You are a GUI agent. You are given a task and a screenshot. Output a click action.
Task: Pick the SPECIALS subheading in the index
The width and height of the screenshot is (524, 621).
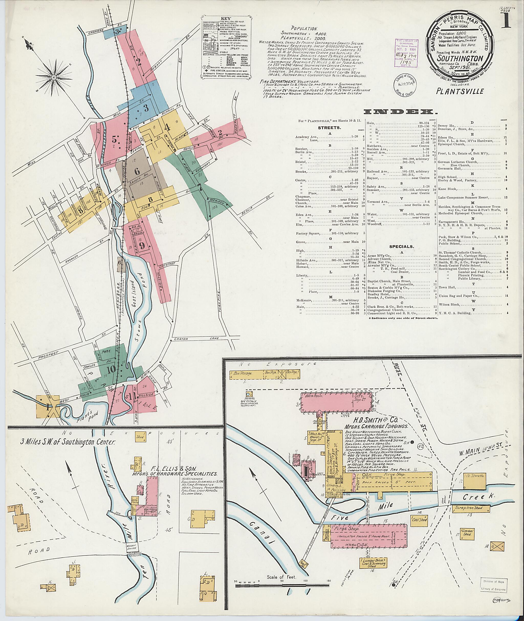coord(400,246)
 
